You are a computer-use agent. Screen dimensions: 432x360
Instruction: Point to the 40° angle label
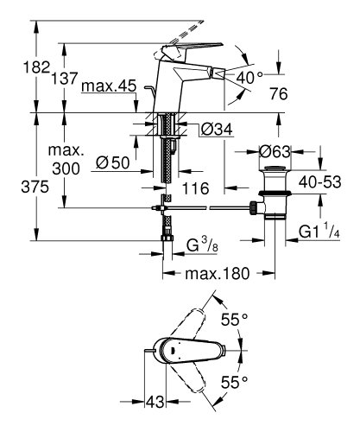(x=249, y=77)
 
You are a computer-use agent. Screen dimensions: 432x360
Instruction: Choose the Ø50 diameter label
(x=113, y=162)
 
